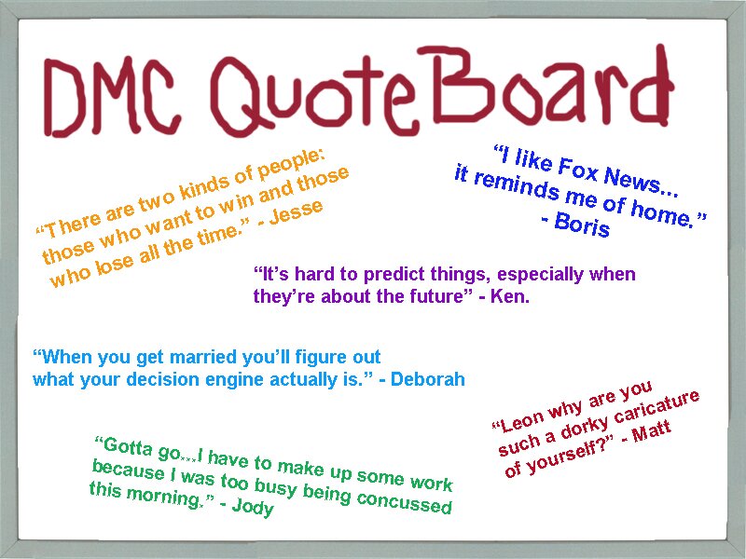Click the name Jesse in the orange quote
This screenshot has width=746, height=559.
(x=296, y=211)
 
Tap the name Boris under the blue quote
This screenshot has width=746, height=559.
(x=582, y=224)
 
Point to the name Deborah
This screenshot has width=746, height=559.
(x=428, y=379)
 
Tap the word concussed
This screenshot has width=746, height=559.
(x=404, y=501)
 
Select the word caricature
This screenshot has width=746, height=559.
(x=656, y=407)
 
